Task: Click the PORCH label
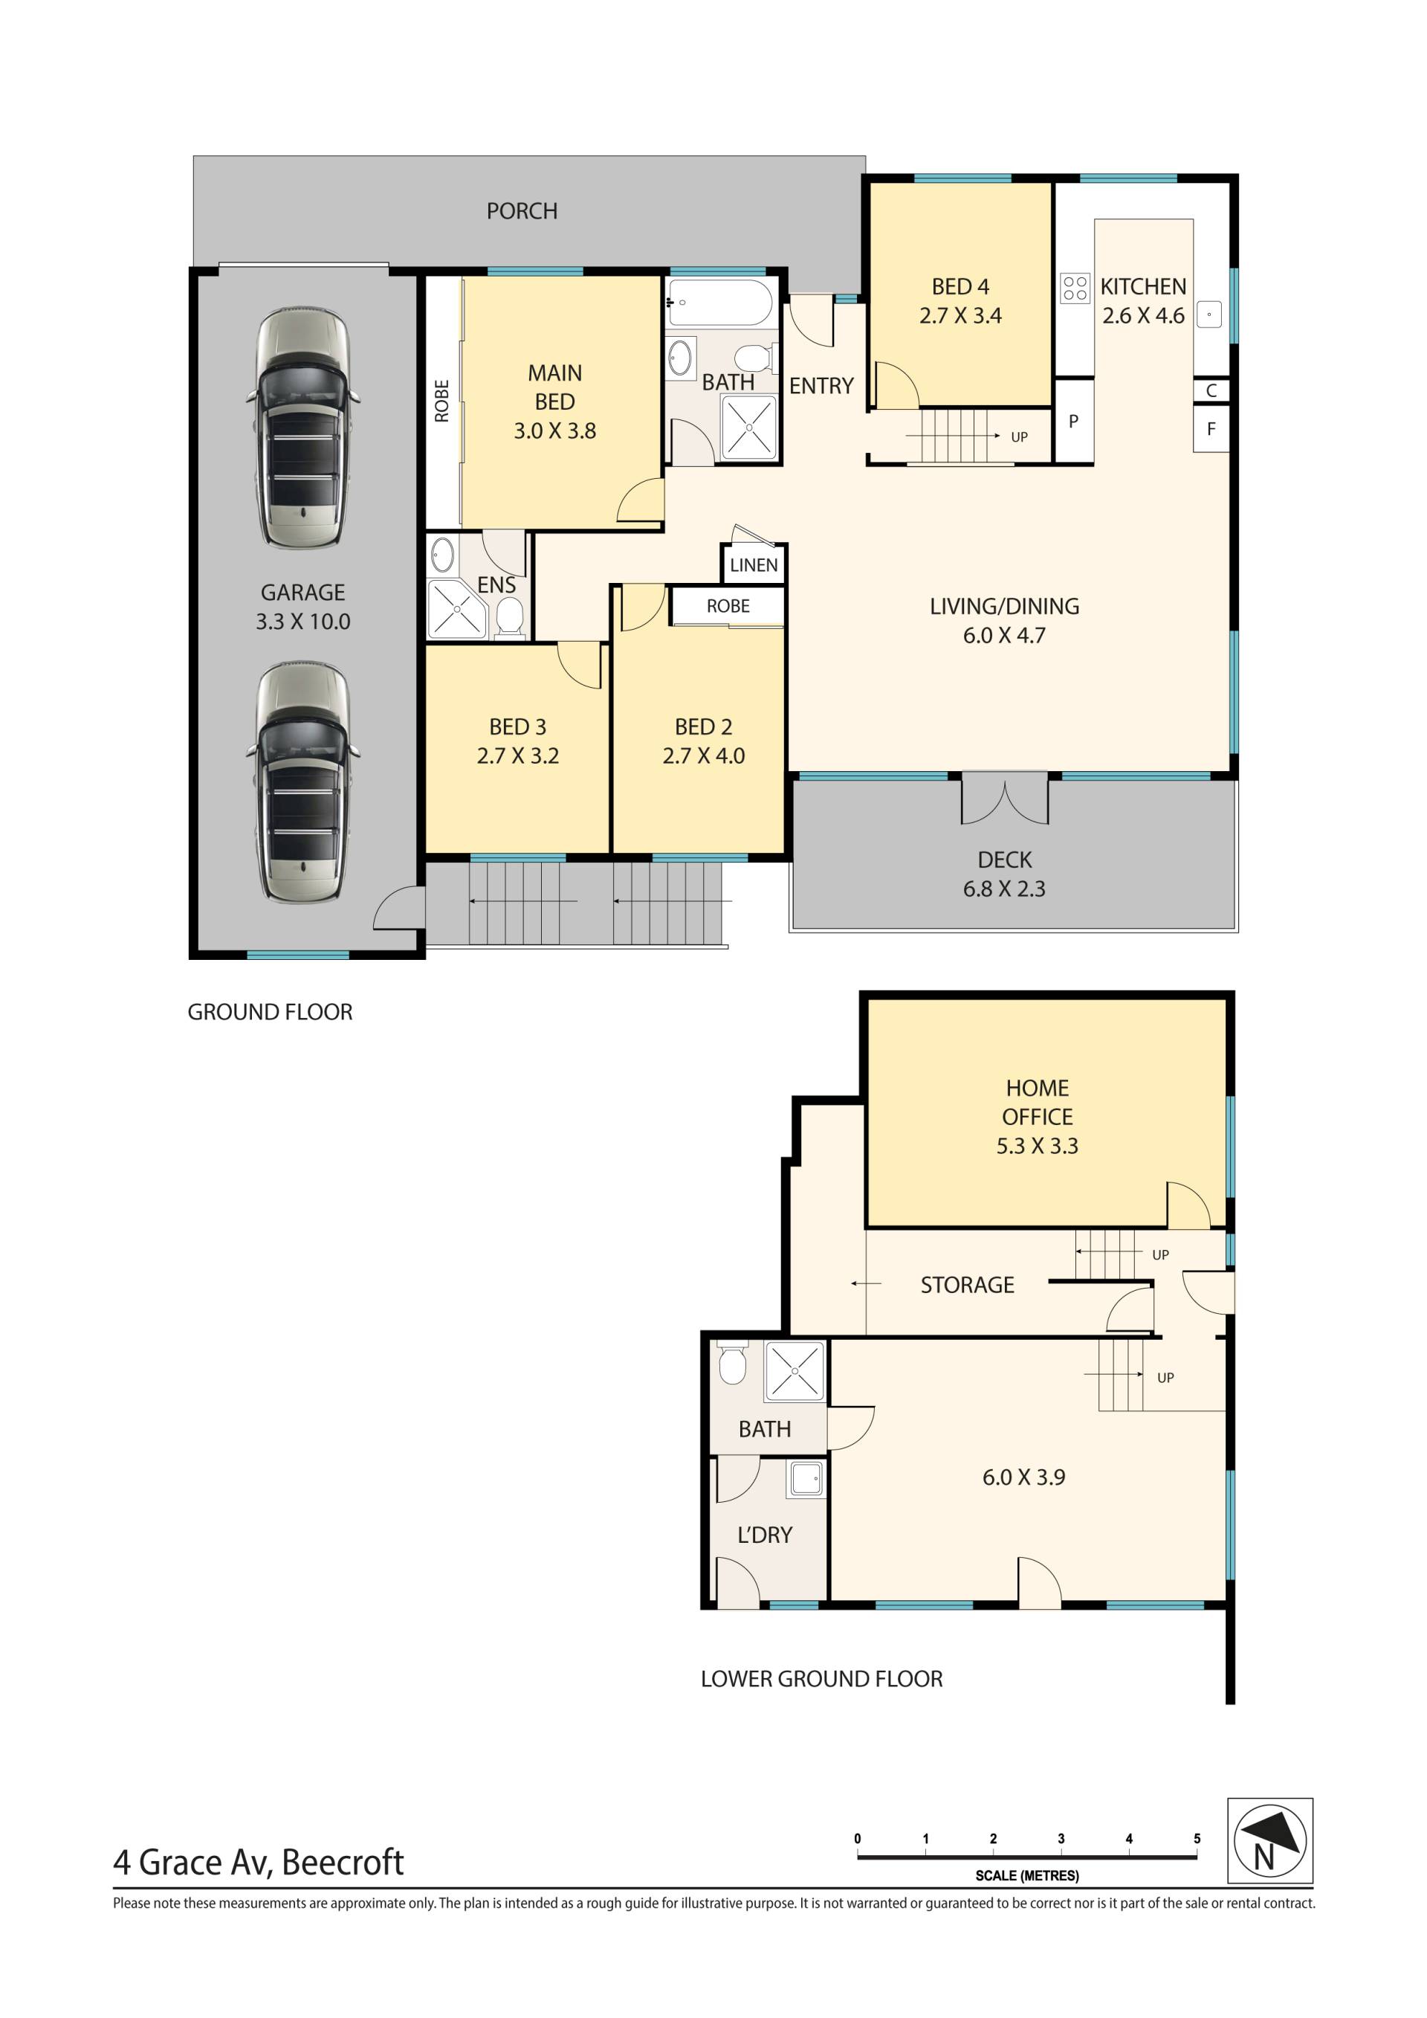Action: tap(522, 211)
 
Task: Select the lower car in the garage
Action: tap(302, 782)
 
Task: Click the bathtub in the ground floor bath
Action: tap(719, 303)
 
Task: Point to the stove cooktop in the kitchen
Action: tap(1075, 288)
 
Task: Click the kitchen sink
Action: tap(1209, 314)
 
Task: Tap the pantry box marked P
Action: tap(1073, 421)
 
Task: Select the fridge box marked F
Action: tap(1211, 429)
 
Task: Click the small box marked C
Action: tap(1211, 391)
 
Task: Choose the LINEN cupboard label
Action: tap(753, 565)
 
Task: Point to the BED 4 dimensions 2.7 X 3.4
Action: tap(960, 315)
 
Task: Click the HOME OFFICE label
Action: tap(1037, 1102)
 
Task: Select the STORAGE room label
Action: tap(966, 1285)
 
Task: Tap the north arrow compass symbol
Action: tap(1269, 1840)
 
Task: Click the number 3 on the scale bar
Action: tap(1061, 1839)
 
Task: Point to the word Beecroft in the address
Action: tap(343, 1862)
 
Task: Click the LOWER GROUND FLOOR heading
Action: tap(821, 1679)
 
